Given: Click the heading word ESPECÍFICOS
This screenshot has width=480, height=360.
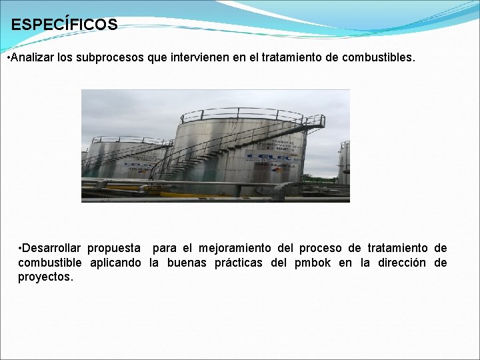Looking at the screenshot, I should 64,25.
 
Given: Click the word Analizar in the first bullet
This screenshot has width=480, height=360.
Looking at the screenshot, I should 31,58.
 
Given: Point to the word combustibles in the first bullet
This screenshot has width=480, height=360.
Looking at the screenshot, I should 378,58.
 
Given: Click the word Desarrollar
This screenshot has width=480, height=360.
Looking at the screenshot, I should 51,248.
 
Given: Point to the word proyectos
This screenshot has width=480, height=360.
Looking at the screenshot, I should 45,277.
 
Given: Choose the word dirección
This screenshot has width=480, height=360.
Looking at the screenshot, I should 402,263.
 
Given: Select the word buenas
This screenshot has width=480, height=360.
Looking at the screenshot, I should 187,263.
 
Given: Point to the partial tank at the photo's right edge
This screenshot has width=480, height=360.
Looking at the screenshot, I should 343,163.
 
